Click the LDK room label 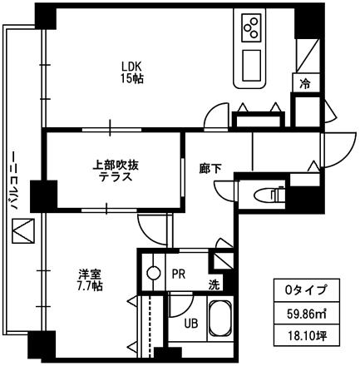[x=131, y=67]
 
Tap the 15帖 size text [x=131, y=79]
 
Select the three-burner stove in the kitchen [x=252, y=27]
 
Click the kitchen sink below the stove [x=252, y=66]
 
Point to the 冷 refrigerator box [x=306, y=83]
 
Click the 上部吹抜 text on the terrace [x=116, y=166]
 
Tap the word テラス [x=116, y=176]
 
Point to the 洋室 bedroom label [x=89, y=274]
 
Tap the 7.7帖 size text [x=90, y=285]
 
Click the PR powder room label [x=179, y=274]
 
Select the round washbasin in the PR [x=154, y=274]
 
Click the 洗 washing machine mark [x=214, y=285]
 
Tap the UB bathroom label [x=191, y=323]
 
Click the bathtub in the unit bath [x=219, y=319]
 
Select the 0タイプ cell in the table [x=306, y=290]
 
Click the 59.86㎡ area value [x=306, y=314]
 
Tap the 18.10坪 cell [x=306, y=335]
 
